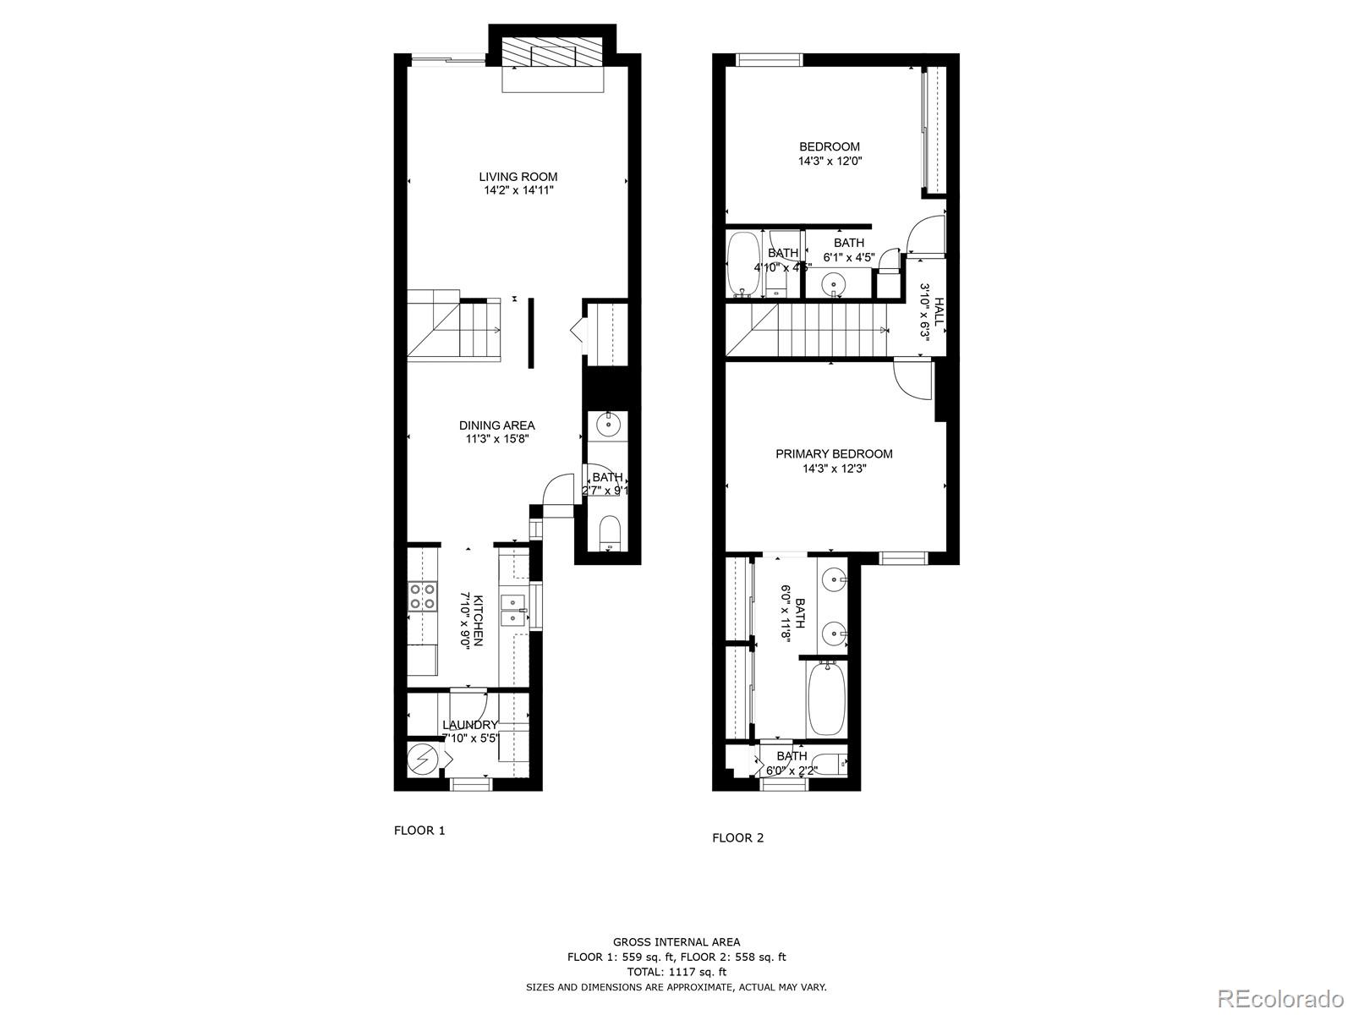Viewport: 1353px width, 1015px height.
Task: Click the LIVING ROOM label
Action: (x=518, y=177)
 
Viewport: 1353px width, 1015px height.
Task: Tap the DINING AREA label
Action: (x=497, y=425)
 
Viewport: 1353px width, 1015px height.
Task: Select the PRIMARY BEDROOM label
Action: (x=834, y=454)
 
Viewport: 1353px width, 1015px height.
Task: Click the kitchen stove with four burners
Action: (x=422, y=596)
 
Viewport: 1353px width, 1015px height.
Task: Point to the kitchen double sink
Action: (x=513, y=610)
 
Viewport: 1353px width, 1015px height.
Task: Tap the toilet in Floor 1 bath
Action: (x=610, y=534)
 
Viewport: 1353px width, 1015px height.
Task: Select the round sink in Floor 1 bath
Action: (x=608, y=423)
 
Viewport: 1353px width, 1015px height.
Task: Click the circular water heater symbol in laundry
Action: (x=420, y=760)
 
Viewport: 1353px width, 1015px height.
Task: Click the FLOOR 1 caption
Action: (x=419, y=831)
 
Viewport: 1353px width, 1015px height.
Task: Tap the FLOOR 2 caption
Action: (x=737, y=838)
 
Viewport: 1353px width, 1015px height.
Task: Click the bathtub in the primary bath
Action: (x=825, y=699)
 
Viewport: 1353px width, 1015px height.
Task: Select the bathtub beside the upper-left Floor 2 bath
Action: (x=744, y=265)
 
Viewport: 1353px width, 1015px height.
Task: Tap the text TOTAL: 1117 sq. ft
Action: (x=676, y=972)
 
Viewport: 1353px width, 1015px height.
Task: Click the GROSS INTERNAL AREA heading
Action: (x=676, y=941)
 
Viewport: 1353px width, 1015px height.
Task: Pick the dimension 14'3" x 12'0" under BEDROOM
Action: (x=830, y=161)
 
